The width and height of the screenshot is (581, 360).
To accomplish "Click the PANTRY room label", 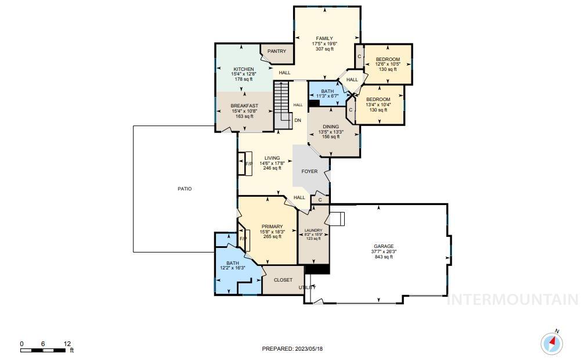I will pyautogui.click(x=277, y=51).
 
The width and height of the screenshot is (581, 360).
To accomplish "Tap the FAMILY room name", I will pyautogui.click(x=324, y=38).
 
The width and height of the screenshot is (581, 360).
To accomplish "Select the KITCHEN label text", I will pyautogui.click(x=243, y=69).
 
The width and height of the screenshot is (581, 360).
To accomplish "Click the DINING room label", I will pyautogui.click(x=331, y=127).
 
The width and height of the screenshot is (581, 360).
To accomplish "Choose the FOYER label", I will pyautogui.click(x=309, y=171).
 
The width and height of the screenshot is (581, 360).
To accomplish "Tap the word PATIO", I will pyautogui.click(x=185, y=189).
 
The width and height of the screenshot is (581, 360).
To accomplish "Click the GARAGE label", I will pyautogui.click(x=384, y=246).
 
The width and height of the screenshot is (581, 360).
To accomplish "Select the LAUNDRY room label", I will pyautogui.click(x=313, y=231).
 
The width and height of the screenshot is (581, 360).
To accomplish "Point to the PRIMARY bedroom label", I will pyautogui.click(x=272, y=226).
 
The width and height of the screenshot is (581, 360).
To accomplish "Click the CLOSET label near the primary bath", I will pyautogui.click(x=283, y=280).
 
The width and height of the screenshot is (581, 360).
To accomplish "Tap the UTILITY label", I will pyautogui.click(x=308, y=287).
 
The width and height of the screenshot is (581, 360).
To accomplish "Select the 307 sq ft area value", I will pyautogui.click(x=324, y=49).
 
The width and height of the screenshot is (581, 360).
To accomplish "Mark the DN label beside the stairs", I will pyautogui.click(x=297, y=120).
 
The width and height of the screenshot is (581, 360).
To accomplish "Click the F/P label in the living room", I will pyautogui.click(x=249, y=164).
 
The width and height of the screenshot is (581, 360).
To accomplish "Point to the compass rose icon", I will pyautogui.click(x=551, y=344).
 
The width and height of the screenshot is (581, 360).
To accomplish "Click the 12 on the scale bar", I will pyautogui.click(x=67, y=344).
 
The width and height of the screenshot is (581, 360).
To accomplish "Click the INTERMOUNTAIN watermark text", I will pyautogui.click(x=513, y=300).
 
